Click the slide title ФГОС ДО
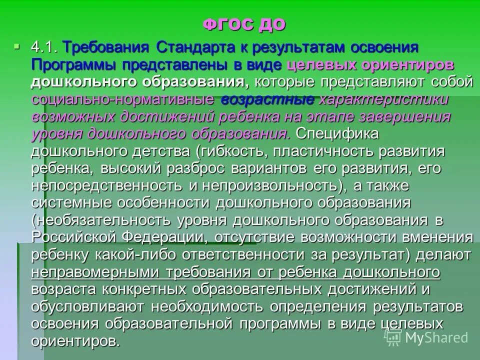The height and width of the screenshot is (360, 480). [x=244, y=23]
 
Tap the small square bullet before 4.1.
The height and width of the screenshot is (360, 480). [x=18, y=47]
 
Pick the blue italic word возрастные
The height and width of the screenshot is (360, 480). [x=267, y=99]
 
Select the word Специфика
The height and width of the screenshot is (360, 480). [x=337, y=134]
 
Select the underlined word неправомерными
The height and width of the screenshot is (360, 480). [x=92, y=272]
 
